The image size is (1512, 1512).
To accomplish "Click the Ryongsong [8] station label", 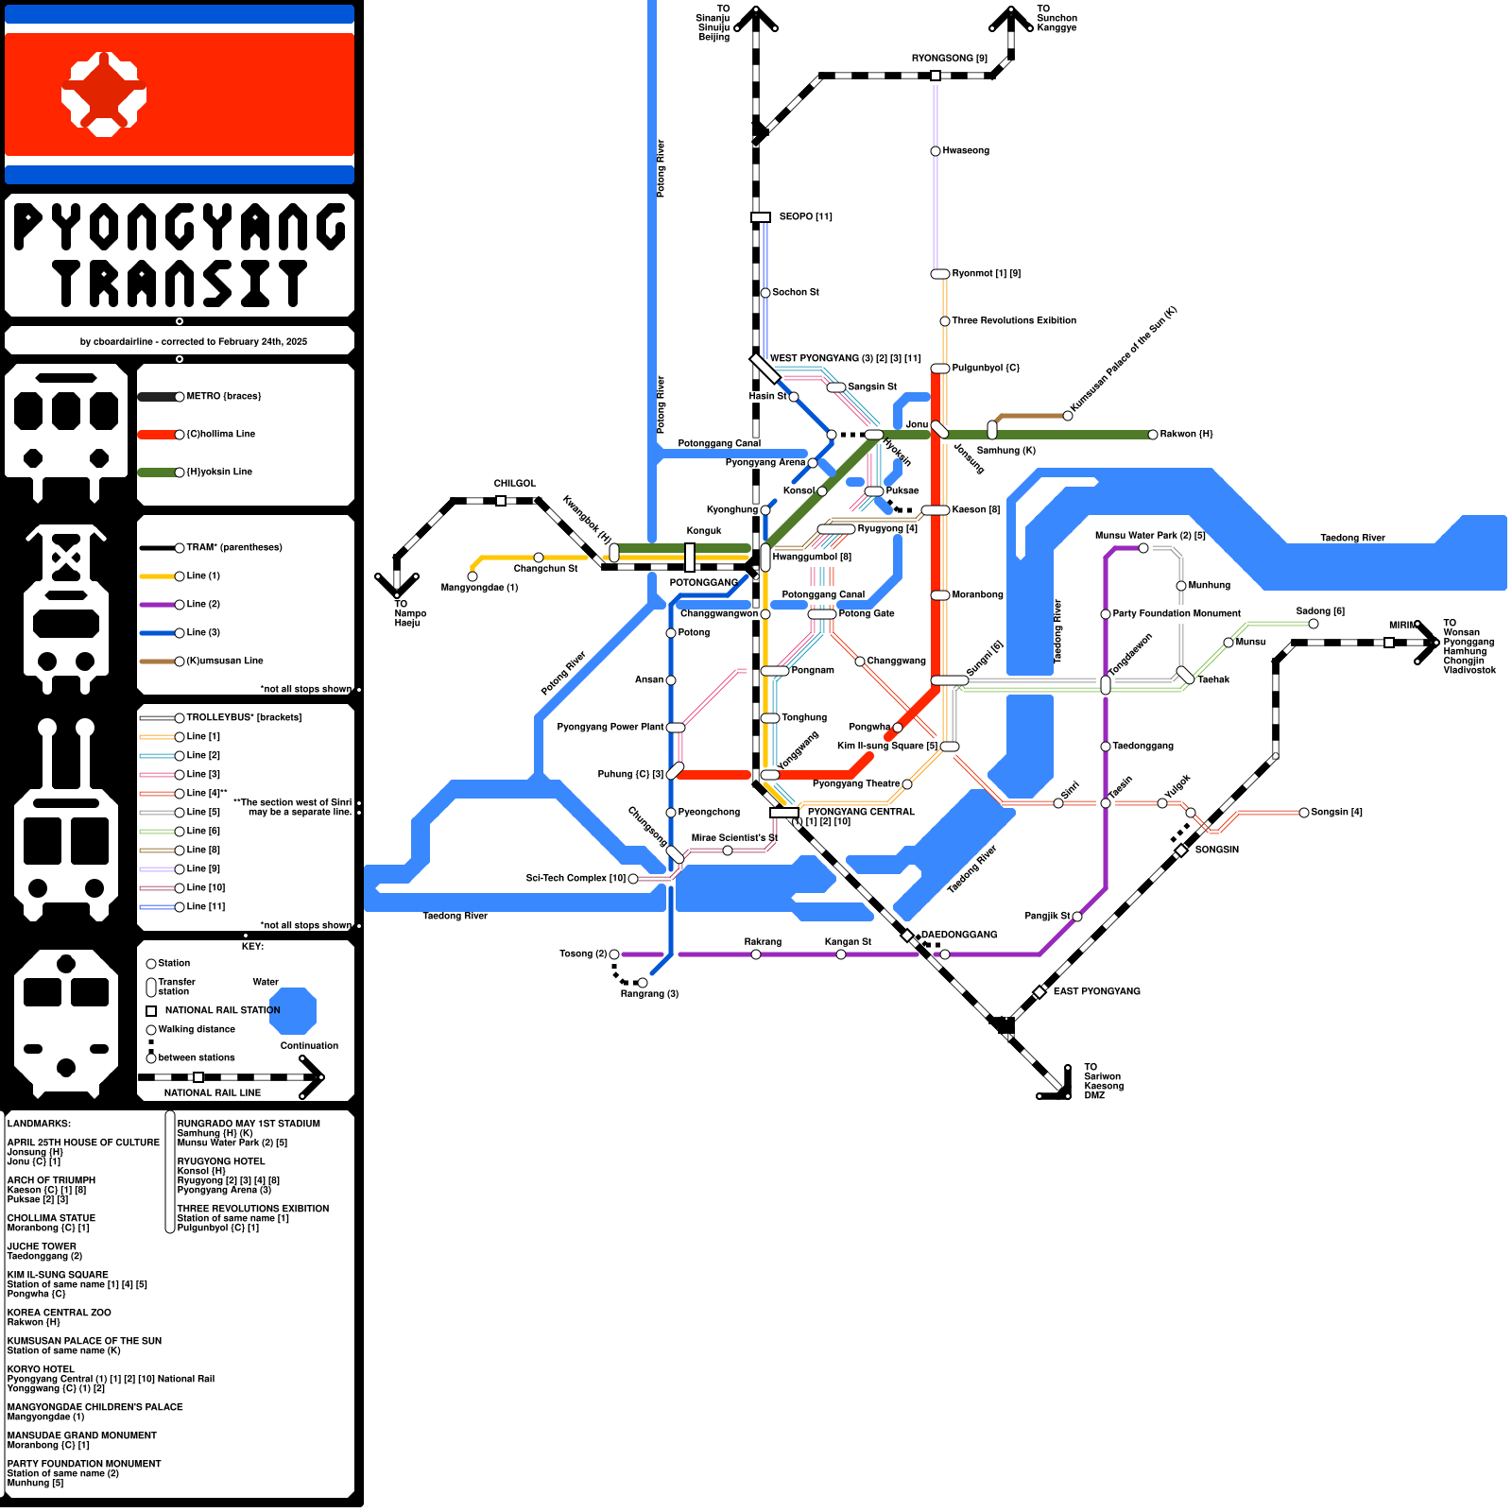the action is (x=949, y=59).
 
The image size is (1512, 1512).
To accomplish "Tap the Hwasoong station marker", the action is (x=936, y=151).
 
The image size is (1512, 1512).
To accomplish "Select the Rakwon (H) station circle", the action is (x=1153, y=435).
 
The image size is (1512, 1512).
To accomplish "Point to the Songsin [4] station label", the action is (x=1336, y=813).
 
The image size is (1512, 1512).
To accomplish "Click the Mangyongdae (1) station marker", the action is (x=472, y=576).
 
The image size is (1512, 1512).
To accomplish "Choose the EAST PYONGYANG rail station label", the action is (x=1096, y=991).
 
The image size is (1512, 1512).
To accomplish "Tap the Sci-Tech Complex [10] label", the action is (x=576, y=879).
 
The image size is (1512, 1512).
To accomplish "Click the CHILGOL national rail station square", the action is (x=501, y=501).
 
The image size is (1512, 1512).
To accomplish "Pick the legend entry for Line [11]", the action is (x=205, y=907).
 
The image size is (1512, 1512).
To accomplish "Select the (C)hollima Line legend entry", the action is (x=219, y=435).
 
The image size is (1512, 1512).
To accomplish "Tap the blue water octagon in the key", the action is (x=293, y=1010).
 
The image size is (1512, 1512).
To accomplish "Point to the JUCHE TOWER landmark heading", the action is (x=42, y=1246).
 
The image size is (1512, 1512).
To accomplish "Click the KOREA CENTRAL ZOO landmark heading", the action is (x=59, y=1313).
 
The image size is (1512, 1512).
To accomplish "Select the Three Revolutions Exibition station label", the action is (x=1013, y=321).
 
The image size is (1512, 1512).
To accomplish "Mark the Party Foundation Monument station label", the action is (x=1176, y=614).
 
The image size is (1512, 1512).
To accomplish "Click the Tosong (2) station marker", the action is (x=614, y=954).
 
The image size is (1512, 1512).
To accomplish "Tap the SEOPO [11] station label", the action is (x=805, y=217).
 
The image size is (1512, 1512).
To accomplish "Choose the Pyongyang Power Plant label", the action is (x=610, y=728).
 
